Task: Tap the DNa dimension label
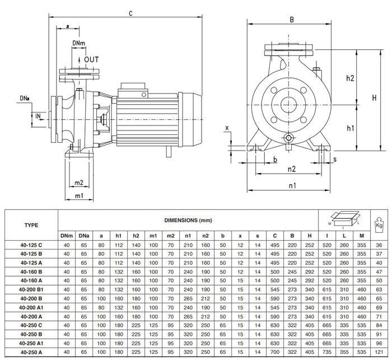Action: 25,99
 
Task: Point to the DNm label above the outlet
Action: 79,43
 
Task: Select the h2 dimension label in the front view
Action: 349,78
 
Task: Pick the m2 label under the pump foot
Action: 79,183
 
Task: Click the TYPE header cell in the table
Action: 31,225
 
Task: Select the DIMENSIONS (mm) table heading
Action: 188,221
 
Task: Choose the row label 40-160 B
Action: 31,271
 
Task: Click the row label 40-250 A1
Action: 31,343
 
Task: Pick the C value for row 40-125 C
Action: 274,244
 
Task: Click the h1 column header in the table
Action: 118,235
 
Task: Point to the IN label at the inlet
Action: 38,116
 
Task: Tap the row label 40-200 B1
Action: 31,289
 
